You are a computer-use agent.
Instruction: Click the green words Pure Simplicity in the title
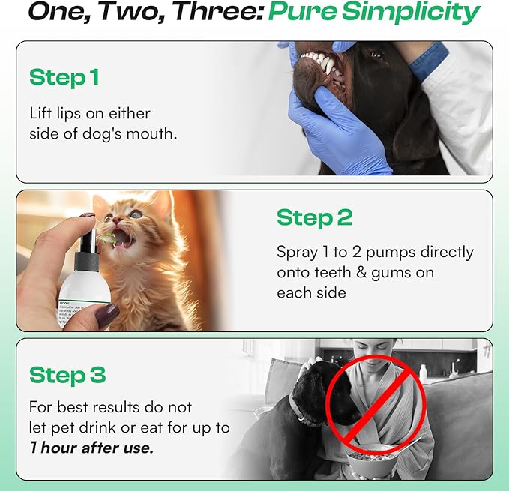pos(374,13)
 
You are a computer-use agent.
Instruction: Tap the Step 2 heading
pos(314,217)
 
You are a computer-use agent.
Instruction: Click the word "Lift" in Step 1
pos(42,113)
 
